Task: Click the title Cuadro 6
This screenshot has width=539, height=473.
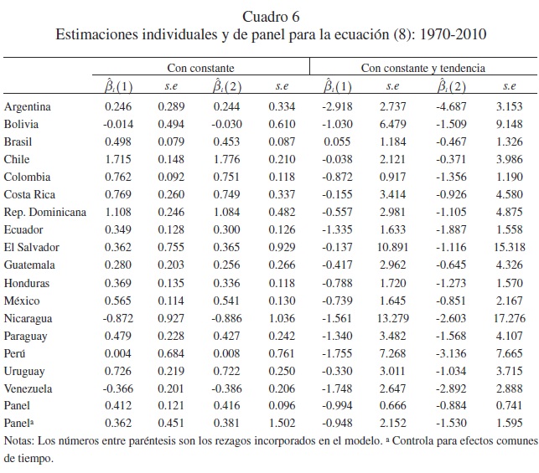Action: click(269, 17)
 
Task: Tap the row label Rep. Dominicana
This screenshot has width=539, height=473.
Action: click(45, 212)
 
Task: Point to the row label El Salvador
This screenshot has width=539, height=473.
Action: click(30, 247)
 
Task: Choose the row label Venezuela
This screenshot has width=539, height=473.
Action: click(29, 388)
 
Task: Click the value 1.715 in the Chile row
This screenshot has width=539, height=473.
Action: click(119, 159)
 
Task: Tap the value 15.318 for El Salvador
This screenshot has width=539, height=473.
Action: click(508, 247)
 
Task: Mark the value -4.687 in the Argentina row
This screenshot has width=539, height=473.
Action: click(452, 107)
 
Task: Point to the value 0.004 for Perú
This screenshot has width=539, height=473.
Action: click(119, 352)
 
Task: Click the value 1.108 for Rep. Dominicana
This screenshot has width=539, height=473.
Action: click(119, 212)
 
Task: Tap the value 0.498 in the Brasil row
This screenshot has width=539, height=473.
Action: click(119, 141)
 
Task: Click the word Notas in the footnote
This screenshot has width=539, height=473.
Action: click(18, 441)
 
